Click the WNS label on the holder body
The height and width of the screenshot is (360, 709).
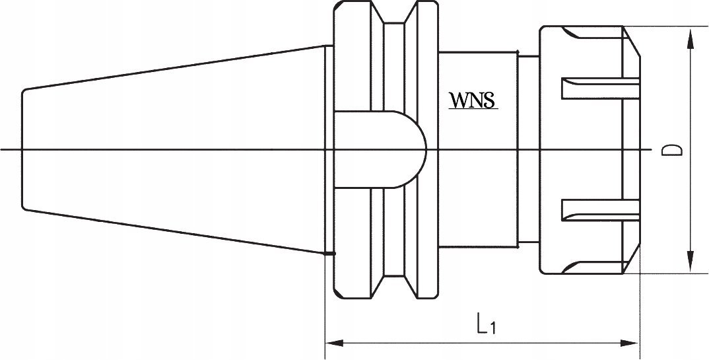(473, 100)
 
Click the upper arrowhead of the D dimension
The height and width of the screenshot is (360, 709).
(691, 38)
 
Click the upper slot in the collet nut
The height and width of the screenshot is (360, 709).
(600, 88)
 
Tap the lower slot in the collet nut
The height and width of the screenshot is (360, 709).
(600, 210)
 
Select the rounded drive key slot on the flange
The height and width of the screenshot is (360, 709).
(380, 149)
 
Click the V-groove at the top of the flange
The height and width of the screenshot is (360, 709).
(393, 14)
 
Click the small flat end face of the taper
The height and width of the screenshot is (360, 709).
(22, 149)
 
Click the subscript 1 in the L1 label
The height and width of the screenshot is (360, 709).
(492, 328)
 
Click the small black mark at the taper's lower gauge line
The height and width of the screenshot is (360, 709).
(329, 253)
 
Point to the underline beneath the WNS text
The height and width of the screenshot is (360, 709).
(473, 109)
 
